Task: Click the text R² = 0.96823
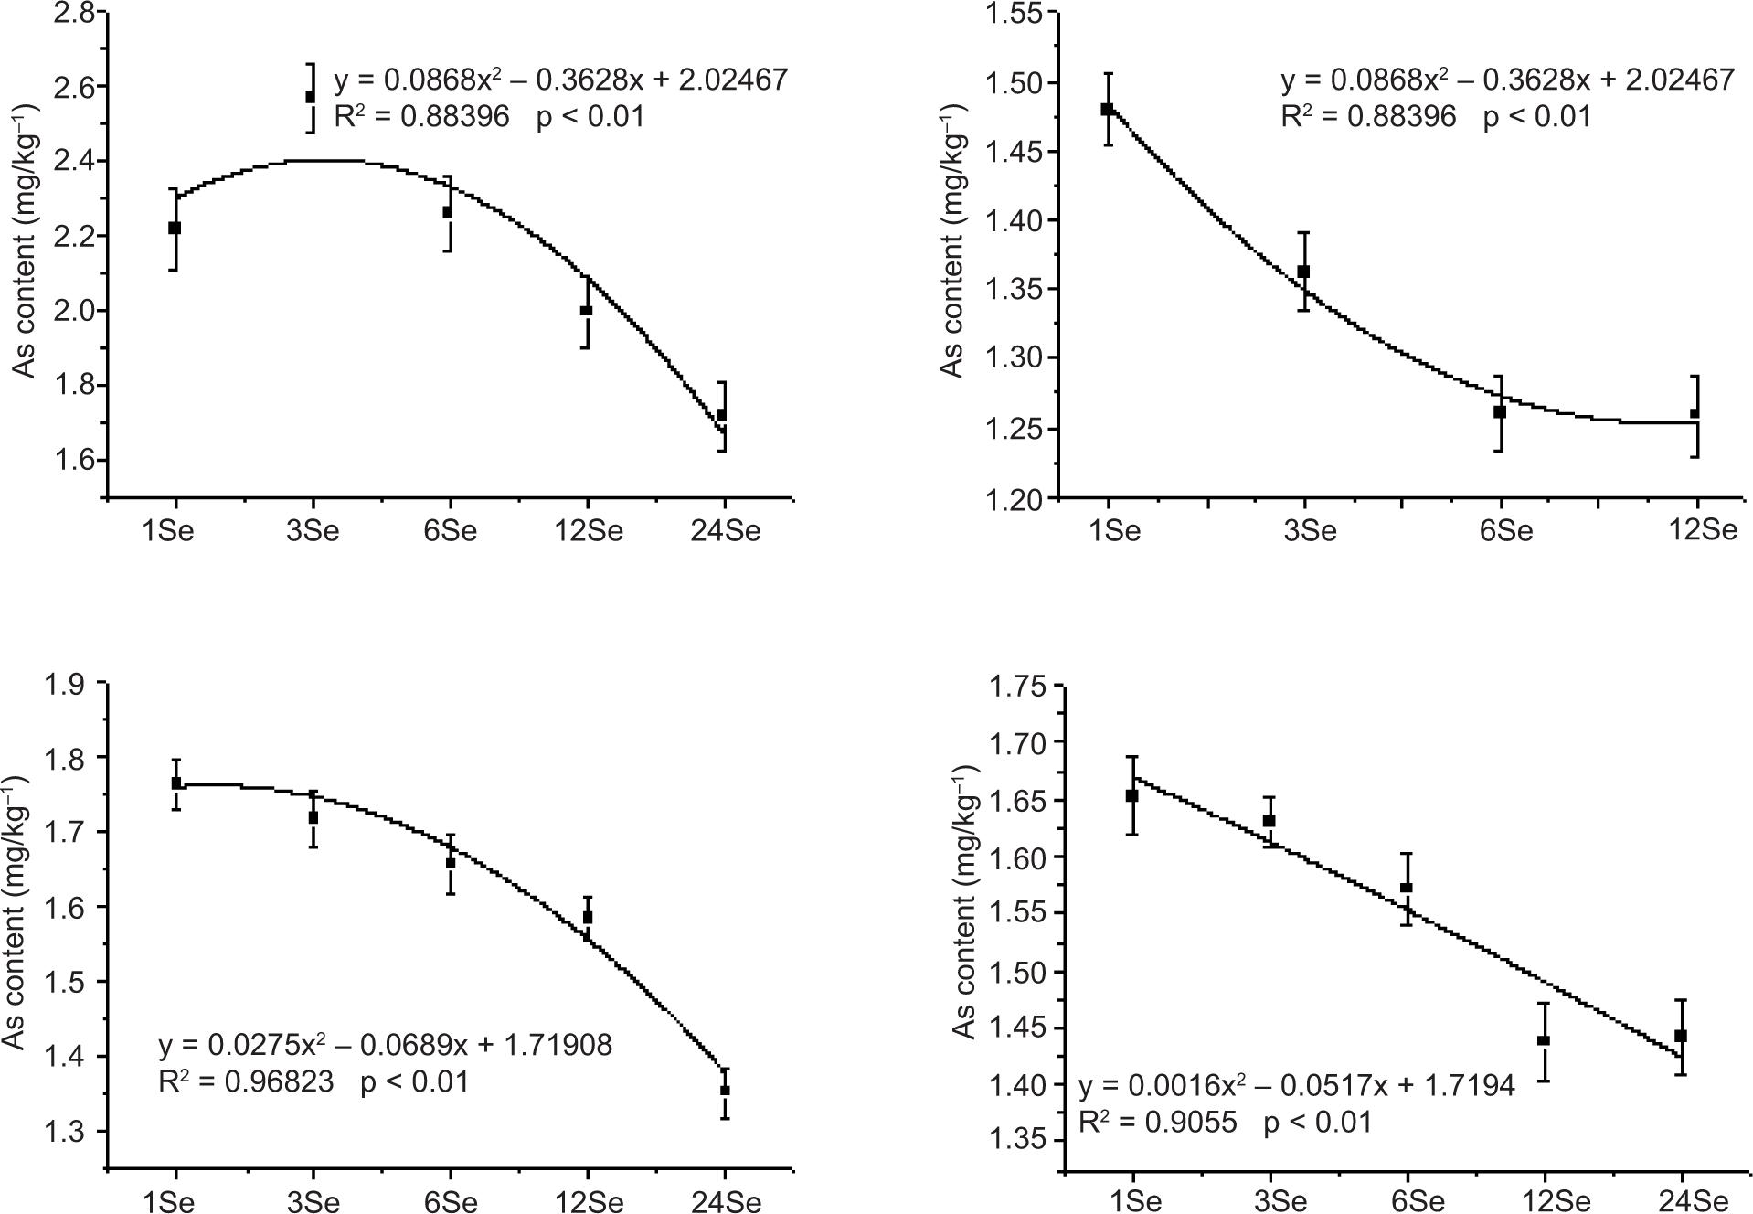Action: tap(246, 1082)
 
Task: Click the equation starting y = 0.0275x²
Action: tap(385, 1044)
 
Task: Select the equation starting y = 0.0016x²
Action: tap(1297, 1085)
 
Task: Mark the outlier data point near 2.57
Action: tap(311, 97)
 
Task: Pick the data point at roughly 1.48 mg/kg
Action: tap(1107, 109)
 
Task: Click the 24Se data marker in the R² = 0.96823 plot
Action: tap(725, 1091)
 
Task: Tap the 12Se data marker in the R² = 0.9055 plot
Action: tap(1544, 1040)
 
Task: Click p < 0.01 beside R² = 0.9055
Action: tap(1318, 1123)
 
